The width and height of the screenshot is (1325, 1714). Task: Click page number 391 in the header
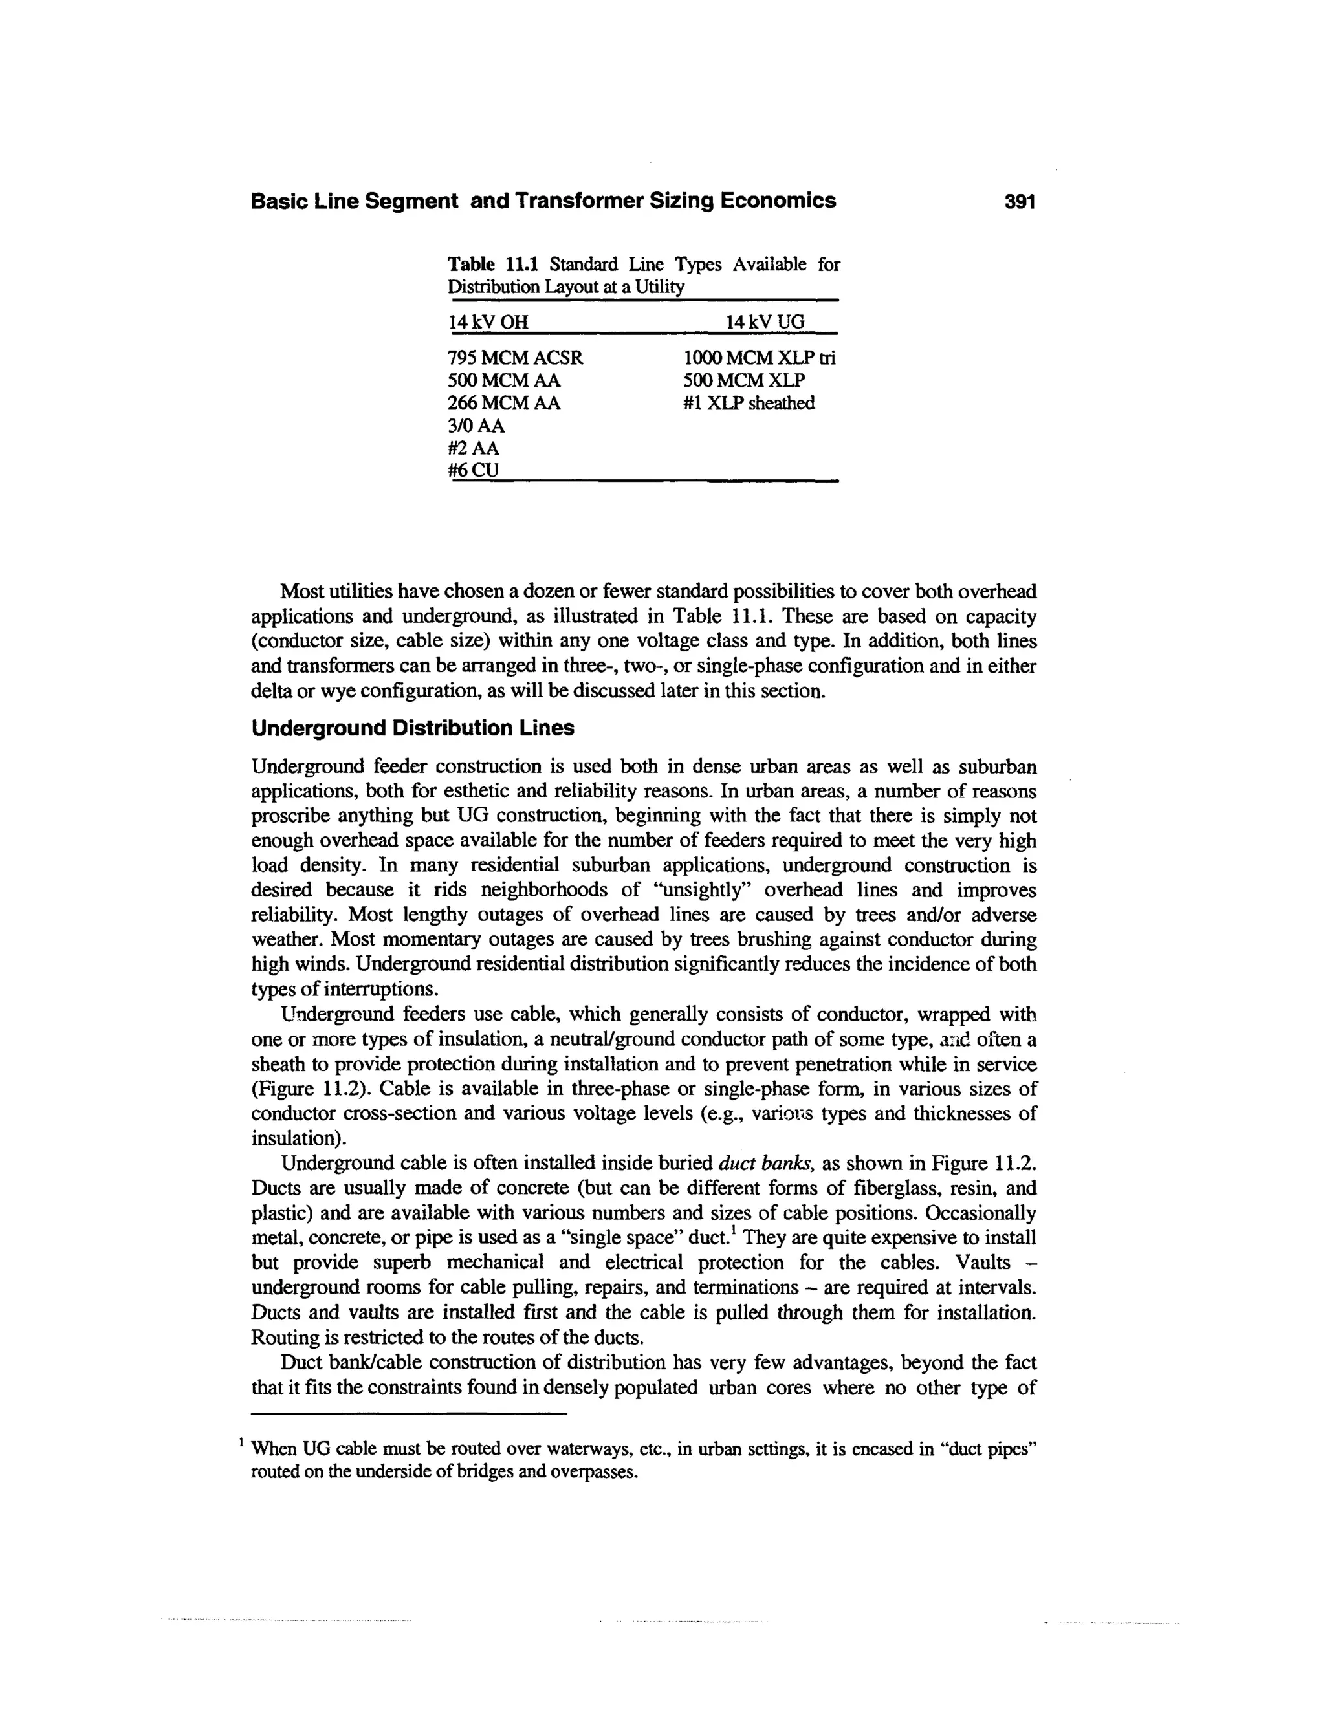(x=1020, y=202)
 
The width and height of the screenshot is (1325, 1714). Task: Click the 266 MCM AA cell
(x=504, y=404)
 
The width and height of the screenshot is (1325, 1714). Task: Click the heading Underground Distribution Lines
(x=412, y=728)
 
